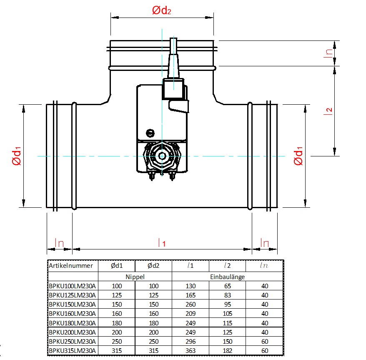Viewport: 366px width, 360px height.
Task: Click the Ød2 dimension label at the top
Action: tap(162, 11)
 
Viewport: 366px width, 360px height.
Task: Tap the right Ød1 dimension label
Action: tap(298, 156)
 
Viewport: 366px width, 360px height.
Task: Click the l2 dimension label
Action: tap(329, 111)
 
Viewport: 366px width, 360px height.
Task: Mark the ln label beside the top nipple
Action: tap(329, 53)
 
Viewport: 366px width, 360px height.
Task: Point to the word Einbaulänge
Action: tap(227, 277)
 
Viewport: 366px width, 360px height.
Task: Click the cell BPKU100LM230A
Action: tap(72, 286)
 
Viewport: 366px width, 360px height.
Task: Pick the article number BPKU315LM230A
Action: tap(72, 351)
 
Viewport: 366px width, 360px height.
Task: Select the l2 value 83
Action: tap(227, 295)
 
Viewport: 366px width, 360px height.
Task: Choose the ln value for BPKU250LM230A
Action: tap(264, 342)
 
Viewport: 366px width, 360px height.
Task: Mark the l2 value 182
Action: tap(227, 351)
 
